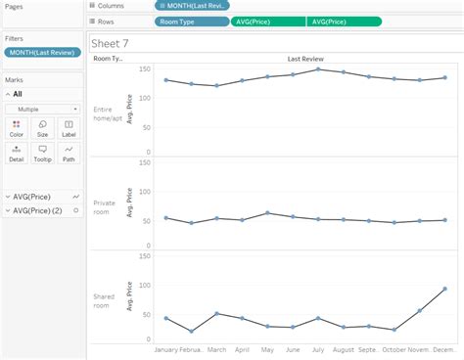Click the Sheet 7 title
(x=111, y=44)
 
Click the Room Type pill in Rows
(x=191, y=22)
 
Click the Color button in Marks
(x=17, y=128)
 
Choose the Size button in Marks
(x=42, y=128)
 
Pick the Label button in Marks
(x=68, y=128)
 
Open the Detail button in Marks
(x=17, y=153)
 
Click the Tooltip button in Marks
(x=42, y=153)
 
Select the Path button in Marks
(x=68, y=153)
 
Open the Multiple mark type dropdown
(x=42, y=109)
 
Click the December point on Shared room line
(x=444, y=290)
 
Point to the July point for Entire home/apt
(x=317, y=69)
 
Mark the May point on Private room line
(x=267, y=213)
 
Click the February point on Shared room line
(x=191, y=332)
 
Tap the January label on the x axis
(x=166, y=348)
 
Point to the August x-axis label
(x=343, y=348)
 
